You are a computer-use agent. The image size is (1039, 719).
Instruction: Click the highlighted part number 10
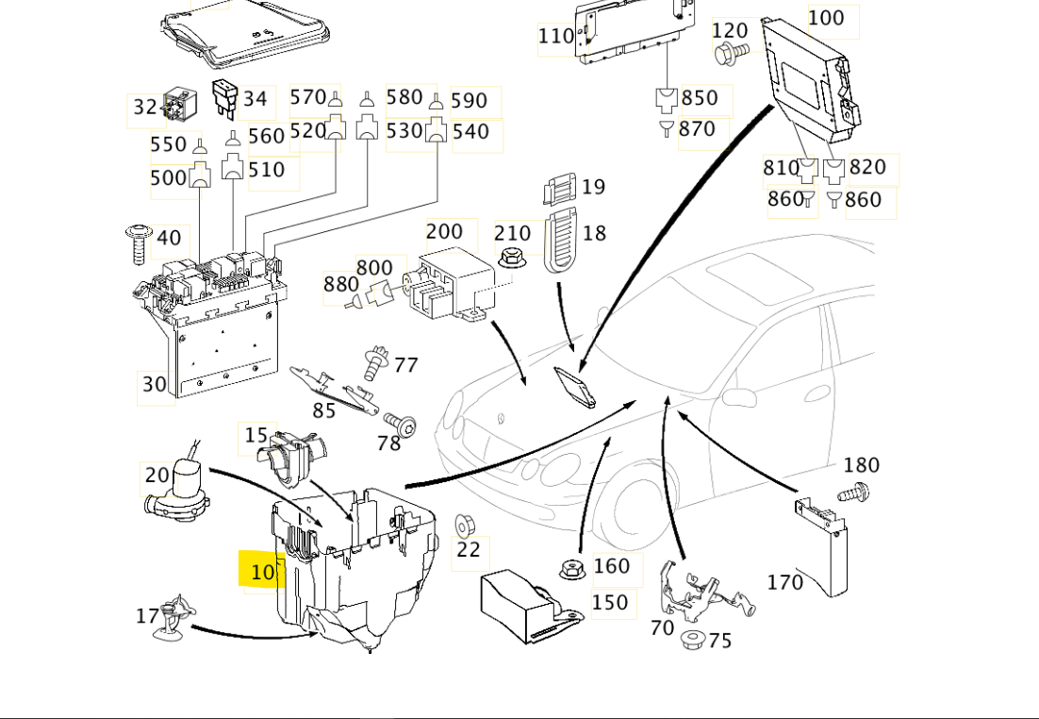click(x=262, y=572)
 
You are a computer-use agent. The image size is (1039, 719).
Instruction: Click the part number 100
click(x=826, y=18)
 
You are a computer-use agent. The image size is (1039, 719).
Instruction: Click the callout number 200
click(x=444, y=232)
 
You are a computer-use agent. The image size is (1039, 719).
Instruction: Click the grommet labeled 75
click(x=693, y=641)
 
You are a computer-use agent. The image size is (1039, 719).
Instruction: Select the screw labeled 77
click(x=377, y=361)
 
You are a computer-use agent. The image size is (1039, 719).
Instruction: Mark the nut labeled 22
click(x=464, y=526)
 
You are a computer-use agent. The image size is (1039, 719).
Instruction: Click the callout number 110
click(x=555, y=37)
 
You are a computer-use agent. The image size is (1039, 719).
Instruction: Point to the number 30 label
click(x=155, y=384)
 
